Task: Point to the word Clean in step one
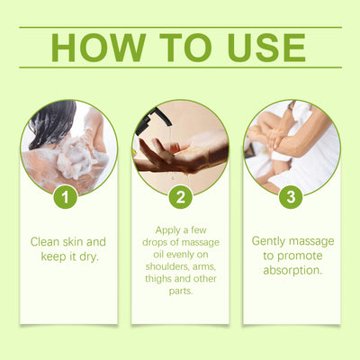click(47, 241)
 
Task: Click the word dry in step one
click(86, 256)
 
